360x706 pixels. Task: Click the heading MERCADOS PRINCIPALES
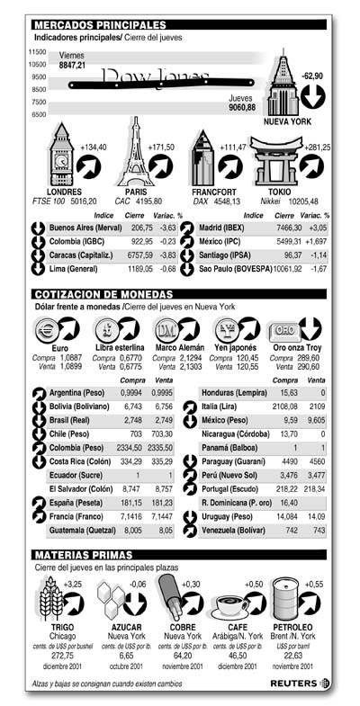(x=99, y=24)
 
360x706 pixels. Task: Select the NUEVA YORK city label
(x=287, y=121)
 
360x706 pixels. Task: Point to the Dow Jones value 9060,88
(x=242, y=107)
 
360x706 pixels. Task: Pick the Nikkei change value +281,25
(x=316, y=147)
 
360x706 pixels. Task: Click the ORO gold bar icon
(x=285, y=329)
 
